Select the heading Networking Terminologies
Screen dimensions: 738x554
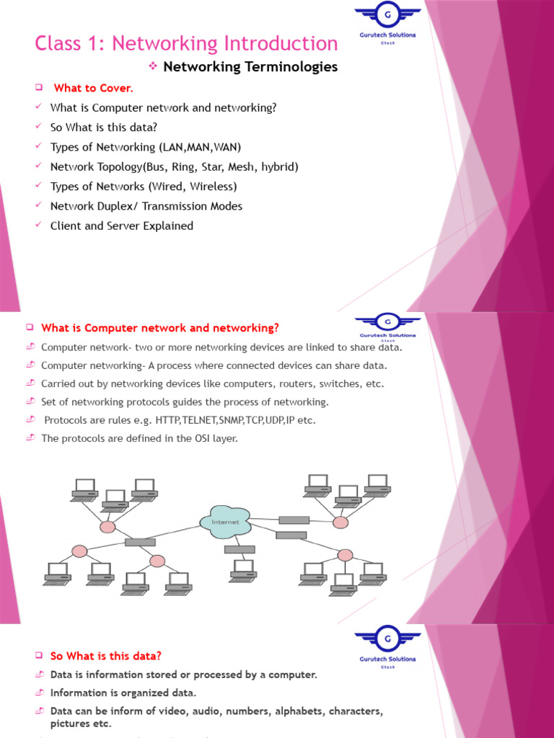point(250,67)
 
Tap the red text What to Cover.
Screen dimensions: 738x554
point(93,88)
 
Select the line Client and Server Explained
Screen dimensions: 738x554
point(122,226)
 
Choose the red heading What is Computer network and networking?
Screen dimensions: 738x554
point(160,328)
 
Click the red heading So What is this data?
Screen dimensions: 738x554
point(106,656)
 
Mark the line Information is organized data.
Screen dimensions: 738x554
point(123,693)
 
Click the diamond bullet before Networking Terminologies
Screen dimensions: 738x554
point(152,66)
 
